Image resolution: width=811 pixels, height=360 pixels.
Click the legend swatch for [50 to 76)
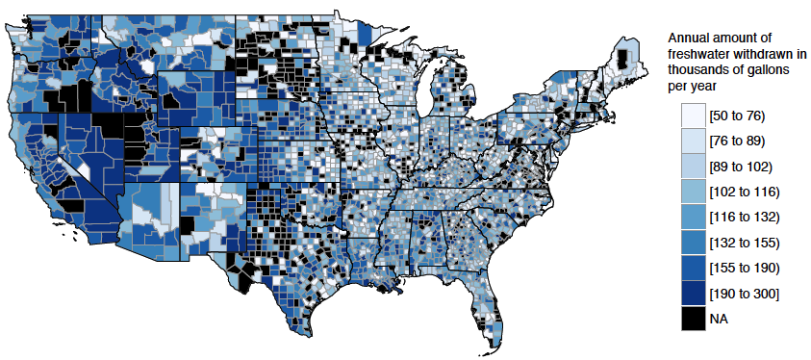pos(692,116)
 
